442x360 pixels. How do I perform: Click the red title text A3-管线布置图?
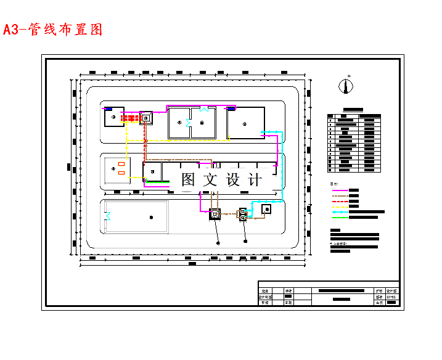(x=52, y=30)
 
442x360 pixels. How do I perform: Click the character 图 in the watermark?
(x=189, y=179)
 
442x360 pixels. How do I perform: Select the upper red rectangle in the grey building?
(x=121, y=165)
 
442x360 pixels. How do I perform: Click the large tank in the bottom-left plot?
(x=137, y=217)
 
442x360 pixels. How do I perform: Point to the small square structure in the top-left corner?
(x=114, y=117)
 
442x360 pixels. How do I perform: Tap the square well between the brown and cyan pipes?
(x=243, y=215)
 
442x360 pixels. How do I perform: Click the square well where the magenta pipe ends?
(x=215, y=215)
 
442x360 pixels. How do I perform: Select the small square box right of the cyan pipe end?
(x=266, y=209)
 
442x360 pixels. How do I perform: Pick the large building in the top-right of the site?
(x=245, y=124)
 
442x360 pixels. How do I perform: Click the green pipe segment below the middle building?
(x=157, y=182)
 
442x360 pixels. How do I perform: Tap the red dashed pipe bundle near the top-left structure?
(x=130, y=117)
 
